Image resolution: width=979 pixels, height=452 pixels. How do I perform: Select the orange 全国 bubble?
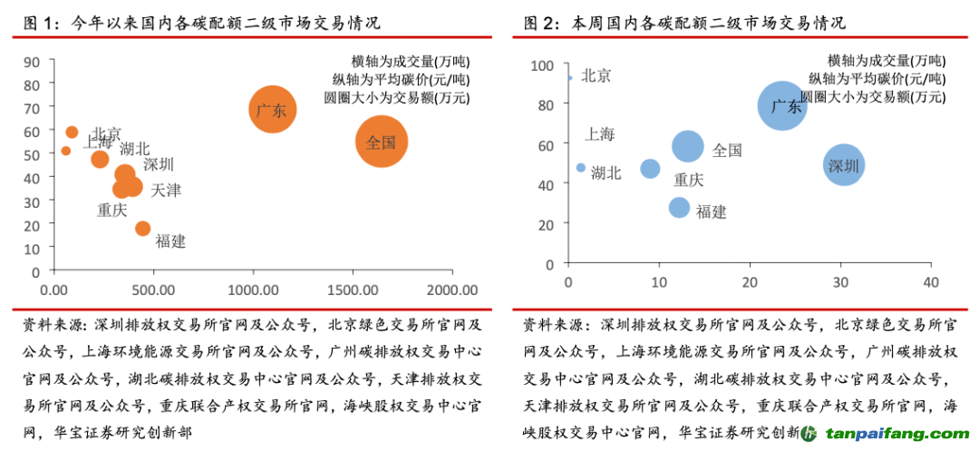(382, 142)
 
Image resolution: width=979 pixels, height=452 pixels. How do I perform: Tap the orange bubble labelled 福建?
(142, 229)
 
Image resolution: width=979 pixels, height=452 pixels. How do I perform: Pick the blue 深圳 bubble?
(844, 165)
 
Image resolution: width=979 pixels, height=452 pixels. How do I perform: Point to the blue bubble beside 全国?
(688, 147)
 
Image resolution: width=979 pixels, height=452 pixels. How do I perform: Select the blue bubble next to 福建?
(679, 207)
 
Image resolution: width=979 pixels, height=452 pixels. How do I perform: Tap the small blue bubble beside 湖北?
(581, 168)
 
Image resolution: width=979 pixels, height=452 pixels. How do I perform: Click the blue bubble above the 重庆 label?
(650, 169)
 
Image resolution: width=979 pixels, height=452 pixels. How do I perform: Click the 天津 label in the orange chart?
(166, 191)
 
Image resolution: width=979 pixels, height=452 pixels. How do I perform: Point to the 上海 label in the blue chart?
(600, 134)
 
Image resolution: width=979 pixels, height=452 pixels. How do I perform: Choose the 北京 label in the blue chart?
(596, 75)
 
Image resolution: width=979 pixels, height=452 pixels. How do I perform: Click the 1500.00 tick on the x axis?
(353, 290)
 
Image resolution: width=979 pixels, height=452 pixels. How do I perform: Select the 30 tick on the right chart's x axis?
(840, 282)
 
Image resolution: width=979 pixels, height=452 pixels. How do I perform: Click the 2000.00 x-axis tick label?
(452, 290)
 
